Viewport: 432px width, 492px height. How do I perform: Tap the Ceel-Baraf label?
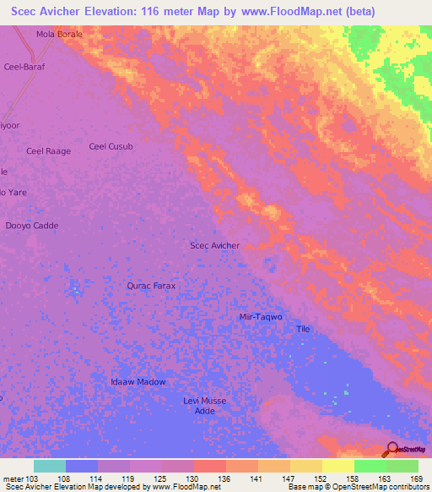(24, 66)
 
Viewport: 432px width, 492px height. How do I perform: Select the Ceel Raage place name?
(48, 151)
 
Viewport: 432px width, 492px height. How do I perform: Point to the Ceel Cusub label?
(111, 146)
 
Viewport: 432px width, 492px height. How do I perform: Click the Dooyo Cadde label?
(32, 226)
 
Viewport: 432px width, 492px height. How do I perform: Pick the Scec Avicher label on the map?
(214, 246)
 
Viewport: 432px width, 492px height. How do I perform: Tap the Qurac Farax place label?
(151, 286)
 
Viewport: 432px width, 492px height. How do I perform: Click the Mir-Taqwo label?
(261, 316)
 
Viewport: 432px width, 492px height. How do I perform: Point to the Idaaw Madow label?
(138, 382)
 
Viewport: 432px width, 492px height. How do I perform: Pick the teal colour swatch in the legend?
(49, 466)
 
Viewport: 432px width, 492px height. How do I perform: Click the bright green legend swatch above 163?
(370, 466)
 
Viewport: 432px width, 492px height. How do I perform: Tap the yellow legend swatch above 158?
(337, 466)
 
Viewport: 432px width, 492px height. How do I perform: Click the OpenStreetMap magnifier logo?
(391, 448)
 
